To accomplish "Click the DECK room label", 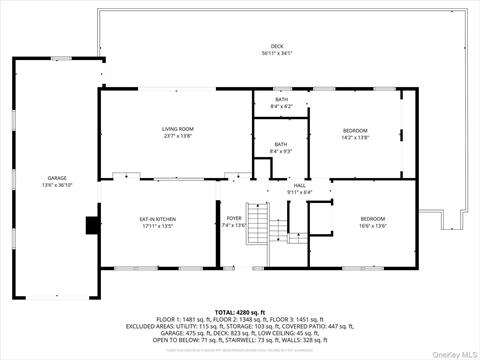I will pyautogui.click(x=291, y=46).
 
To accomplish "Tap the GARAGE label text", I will pyautogui.click(x=56, y=178).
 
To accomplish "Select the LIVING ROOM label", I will pyautogui.click(x=178, y=129).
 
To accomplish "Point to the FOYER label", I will pyautogui.click(x=234, y=218).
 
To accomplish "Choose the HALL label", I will pyautogui.click(x=300, y=184).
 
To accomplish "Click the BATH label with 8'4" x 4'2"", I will pyautogui.click(x=282, y=99).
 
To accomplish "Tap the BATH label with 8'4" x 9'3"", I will pyautogui.click(x=282, y=145).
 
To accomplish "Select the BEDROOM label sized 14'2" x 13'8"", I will pyautogui.click(x=355, y=130).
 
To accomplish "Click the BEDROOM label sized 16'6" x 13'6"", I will pyautogui.click(x=373, y=218).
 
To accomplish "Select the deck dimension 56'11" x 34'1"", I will pyautogui.click(x=291, y=53).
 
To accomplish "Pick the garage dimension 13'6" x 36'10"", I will pyautogui.click(x=56, y=185).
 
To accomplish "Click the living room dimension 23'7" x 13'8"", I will pyautogui.click(x=178, y=136).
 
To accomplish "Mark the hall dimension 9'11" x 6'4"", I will pyautogui.click(x=300, y=191).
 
